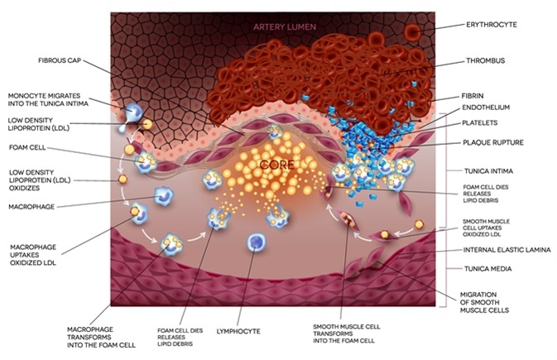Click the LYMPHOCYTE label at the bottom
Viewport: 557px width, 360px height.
(x=262, y=331)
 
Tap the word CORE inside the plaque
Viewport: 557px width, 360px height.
(x=277, y=165)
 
